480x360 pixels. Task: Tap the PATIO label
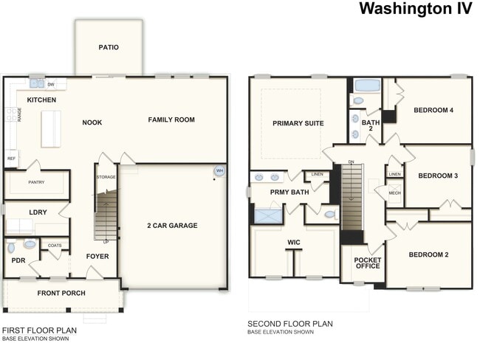[x=109, y=47]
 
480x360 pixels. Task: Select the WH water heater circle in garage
[x=219, y=171]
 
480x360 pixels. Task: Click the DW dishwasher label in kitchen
[x=51, y=84]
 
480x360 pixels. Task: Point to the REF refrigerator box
[x=11, y=158]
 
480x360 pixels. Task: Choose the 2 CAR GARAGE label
[x=171, y=226]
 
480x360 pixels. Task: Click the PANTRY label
[x=36, y=181]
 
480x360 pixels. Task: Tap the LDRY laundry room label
[x=38, y=212]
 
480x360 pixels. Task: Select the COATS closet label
[x=55, y=245]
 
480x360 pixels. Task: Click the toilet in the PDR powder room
[x=30, y=244]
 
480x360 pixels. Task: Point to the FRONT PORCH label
[x=61, y=293]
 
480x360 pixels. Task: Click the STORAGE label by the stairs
[x=106, y=177]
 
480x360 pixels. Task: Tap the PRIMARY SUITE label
[x=298, y=123]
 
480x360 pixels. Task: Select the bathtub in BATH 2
[x=366, y=85]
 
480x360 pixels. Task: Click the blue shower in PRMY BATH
[x=267, y=215]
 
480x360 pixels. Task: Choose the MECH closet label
[x=394, y=193]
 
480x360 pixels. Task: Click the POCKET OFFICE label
[x=367, y=263]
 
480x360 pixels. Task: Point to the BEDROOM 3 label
[x=438, y=176]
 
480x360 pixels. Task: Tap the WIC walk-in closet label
[x=294, y=241]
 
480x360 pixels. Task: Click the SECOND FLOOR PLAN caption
[x=289, y=323]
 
